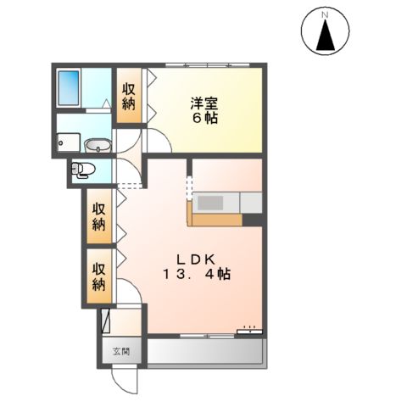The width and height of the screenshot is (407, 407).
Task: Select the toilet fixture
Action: pos(83,170)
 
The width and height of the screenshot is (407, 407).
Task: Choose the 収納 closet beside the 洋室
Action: pos(129,96)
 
